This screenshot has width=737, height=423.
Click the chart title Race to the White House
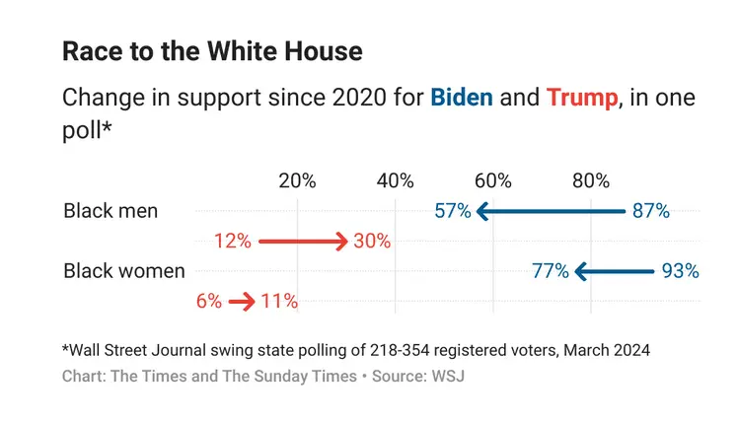pos(212,52)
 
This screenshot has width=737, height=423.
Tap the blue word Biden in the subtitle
pos(461,99)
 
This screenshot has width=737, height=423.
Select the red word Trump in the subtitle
pos(581,99)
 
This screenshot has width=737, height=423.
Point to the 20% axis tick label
pos(297,180)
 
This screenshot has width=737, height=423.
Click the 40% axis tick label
pos(395,180)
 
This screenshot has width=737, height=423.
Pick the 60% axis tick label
pos(492,180)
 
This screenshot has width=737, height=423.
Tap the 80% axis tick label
pos(590,180)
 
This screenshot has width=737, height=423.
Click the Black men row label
pos(110,211)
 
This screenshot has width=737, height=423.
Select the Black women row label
pos(123,271)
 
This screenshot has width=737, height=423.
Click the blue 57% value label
pos(452,211)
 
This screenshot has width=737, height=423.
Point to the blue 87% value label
pos(651,211)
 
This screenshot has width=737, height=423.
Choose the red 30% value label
pos(372,242)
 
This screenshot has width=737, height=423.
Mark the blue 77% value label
pos(550,271)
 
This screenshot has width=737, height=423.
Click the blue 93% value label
pos(681,271)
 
